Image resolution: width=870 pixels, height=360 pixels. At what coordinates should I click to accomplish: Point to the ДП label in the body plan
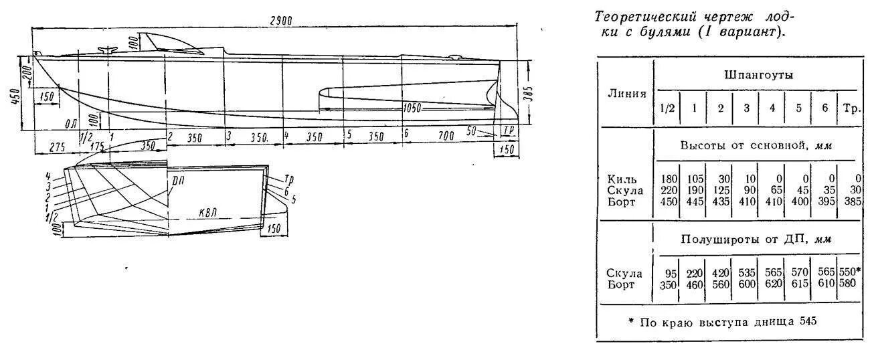[x=179, y=181]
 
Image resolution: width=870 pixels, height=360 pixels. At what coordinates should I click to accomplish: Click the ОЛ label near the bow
[x=71, y=123]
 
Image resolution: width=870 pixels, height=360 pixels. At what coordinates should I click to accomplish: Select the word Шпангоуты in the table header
[x=758, y=76]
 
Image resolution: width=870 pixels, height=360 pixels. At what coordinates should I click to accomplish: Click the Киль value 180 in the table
[x=668, y=179]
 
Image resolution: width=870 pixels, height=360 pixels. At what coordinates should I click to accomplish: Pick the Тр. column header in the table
[x=851, y=108]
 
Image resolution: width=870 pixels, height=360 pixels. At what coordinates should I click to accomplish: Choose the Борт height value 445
[x=694, y=201]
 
